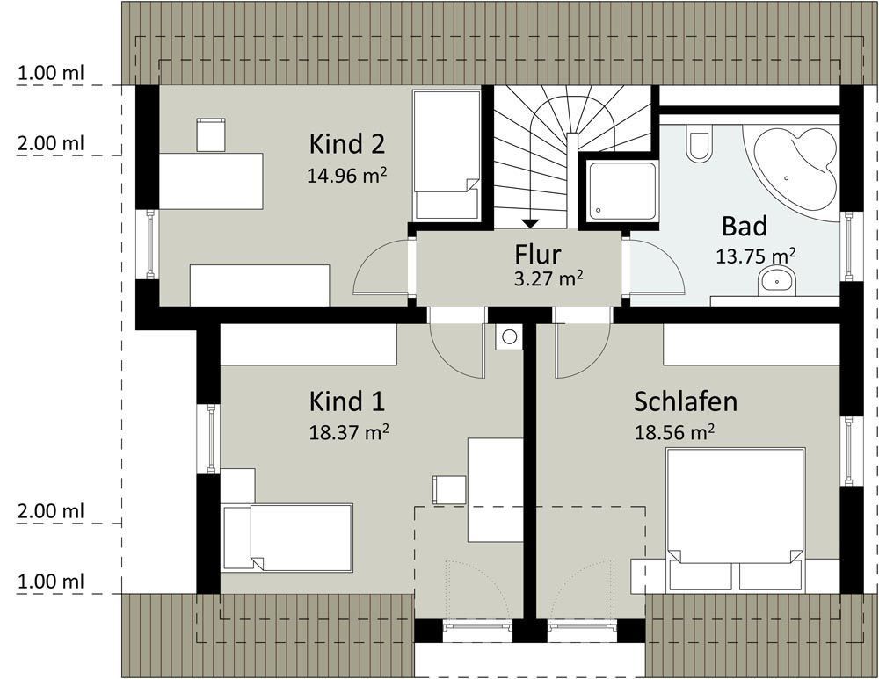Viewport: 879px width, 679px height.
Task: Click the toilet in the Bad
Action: coord(699,144)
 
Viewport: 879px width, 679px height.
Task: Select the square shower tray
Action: coord(622,191)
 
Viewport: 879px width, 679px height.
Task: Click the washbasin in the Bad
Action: coord(777,281)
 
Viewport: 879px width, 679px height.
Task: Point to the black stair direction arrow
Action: coord(530,223)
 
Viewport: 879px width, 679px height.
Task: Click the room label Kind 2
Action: coord(347,144)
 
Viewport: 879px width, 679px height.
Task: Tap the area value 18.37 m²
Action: coord(349,432)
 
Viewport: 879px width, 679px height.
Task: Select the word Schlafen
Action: coord(685,401)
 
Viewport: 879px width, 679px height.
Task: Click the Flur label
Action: coord(538,255)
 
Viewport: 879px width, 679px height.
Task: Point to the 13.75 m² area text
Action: coord(756,256)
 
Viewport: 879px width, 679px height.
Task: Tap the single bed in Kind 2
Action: coord(447,155)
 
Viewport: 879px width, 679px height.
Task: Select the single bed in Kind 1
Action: coord(287,538)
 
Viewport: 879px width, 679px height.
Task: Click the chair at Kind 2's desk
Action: coord(211,134)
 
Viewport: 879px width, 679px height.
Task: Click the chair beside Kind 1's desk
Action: coord(449,489)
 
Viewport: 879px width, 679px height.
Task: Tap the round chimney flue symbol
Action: coord(509,336)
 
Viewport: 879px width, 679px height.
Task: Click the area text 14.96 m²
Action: coord(347,176)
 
